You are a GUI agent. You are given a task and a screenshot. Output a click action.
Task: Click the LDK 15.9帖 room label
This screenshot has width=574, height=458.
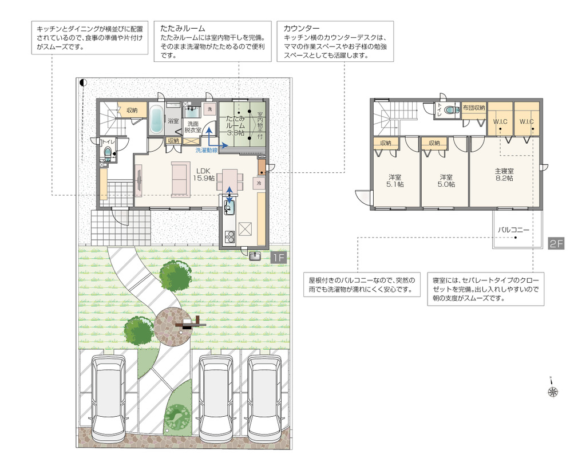click(x=204, y=175)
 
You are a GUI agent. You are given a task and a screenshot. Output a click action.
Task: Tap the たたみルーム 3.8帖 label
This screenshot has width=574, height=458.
click(x=235, y=125)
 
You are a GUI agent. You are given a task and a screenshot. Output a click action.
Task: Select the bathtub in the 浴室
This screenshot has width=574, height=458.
click(x=156, y=119)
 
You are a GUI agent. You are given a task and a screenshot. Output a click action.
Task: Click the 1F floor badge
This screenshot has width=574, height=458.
click(x=279, y=258)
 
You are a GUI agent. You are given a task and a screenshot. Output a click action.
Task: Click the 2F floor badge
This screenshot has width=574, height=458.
click(x=556, y=243)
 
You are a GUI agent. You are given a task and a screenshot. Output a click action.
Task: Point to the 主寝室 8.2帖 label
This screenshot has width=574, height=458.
click(x=504, y=175)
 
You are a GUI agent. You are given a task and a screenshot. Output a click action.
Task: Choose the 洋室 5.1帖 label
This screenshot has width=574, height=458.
click(x=395, y=181)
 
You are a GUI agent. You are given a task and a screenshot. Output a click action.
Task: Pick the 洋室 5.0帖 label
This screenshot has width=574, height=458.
click(x=446, y=181)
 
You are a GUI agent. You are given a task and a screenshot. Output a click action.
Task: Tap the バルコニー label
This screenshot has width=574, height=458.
click(x=513, y=230)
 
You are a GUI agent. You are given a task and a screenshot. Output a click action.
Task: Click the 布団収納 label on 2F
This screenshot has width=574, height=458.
click(x=474, y=108)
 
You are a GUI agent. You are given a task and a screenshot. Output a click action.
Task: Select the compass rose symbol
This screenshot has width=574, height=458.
click(x=553, y=391)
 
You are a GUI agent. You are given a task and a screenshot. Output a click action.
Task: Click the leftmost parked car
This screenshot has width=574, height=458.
click(x=108, y=399)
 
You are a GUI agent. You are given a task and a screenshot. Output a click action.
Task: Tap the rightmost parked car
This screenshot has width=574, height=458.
click(x=264, y=399)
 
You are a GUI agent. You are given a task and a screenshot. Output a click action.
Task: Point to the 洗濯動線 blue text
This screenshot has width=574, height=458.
click(x=207, y=150)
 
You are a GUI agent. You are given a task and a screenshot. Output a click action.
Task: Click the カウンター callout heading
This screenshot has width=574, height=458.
click(x=301, y=28)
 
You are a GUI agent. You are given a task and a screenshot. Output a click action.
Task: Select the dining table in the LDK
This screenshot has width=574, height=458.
click(x=230, y=180)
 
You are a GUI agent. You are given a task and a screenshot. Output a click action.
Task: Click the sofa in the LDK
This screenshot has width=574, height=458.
click(x=181, y=179)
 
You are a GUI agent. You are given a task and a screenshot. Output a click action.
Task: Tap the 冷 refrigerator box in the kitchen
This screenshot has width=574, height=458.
click(x=259, y=183)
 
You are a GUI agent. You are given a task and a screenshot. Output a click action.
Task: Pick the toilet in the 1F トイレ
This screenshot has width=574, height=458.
click(x=108, y=153)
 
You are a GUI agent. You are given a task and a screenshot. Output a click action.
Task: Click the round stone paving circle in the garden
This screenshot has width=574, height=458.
click(x=172, y=326)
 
